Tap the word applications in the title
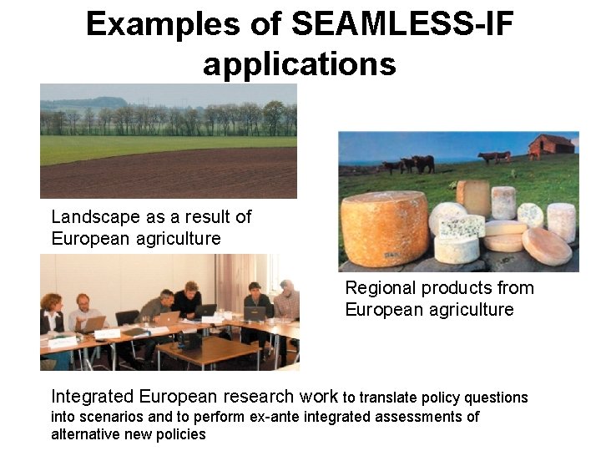(299, 63)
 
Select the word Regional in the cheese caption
(381, 288)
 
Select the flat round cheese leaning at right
(548, 247)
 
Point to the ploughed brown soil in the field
(167, 174)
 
